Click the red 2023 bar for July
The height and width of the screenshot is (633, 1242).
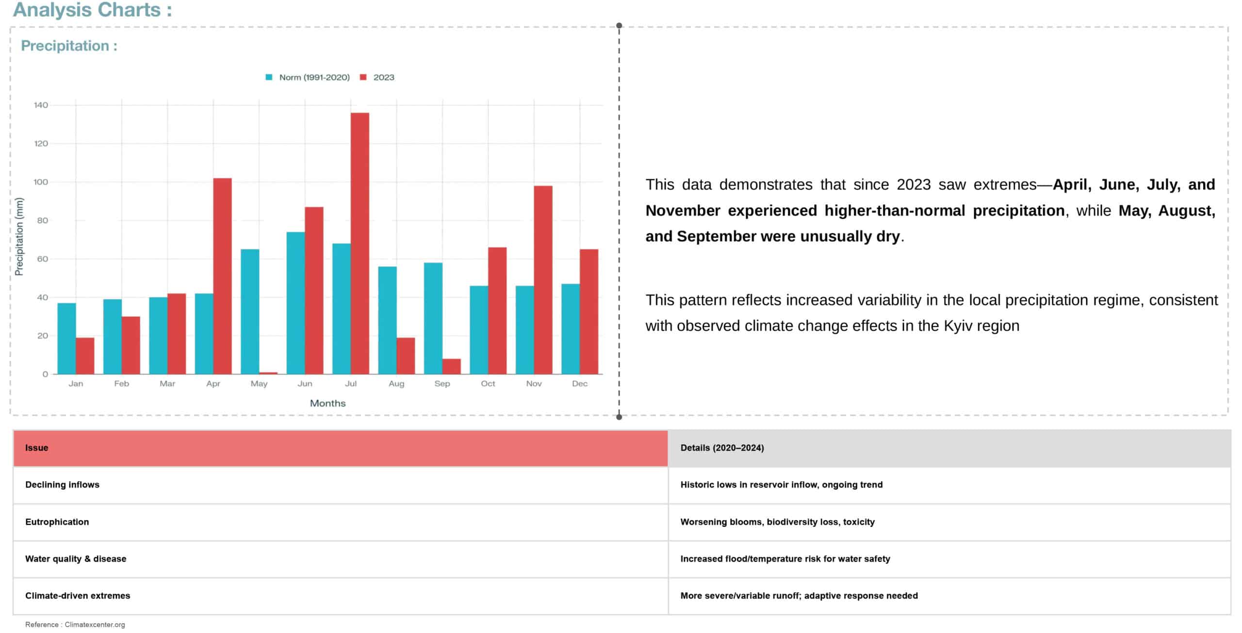tap(360, 243)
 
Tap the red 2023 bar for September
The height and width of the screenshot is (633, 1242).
tap(451, 366)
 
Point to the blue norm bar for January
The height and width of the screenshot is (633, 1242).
tap(66, 339)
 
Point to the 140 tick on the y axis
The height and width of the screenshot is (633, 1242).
tap(41, 105)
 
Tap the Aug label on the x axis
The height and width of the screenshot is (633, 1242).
tap(396, 384)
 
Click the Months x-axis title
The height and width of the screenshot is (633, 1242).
tap(327, 403)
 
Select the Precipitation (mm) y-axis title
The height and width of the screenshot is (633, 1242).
tap(19, 236)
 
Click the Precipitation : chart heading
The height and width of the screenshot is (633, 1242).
tap(69, 46)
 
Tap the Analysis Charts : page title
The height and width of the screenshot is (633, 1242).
tap(92, 10)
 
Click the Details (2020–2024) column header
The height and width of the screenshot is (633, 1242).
tap(722, 448)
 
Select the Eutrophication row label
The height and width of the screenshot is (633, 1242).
tap(57, 522)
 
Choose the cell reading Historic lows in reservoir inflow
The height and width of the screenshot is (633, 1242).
tap(781, 485)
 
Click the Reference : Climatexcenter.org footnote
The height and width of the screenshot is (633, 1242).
tap(75, 624)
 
